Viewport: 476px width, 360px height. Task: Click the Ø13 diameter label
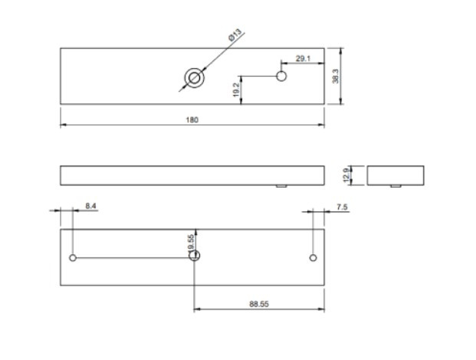click(x=235, y=34)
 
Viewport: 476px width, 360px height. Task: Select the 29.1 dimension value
click(x=302, y=58)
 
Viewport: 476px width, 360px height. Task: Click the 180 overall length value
click(x=192, y=120)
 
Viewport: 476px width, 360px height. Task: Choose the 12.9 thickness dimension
click(x=346, y=175)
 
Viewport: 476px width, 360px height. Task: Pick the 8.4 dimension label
click(x=90, y=206)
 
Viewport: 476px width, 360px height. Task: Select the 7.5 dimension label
click(x=342, y=206)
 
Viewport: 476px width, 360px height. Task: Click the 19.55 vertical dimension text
click(x=190, y=243)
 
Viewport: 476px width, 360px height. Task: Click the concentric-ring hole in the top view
click(x=194, y=77)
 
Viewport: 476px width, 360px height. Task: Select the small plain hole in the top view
click(x=281, y=76)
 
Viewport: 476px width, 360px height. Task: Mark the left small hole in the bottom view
click(x=73, y=257)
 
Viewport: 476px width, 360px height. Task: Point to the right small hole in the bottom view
click(x=313, y=257)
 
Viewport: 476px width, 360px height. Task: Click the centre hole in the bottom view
click(x=195, y=256)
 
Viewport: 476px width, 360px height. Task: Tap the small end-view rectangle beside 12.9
click(x=395, y=175)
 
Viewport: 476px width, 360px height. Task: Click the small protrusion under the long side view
click(x=281, y=186)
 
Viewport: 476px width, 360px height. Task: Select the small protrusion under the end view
click(x=395, y=186)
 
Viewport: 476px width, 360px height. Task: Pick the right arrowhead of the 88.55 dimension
click(x=322, y=309)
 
